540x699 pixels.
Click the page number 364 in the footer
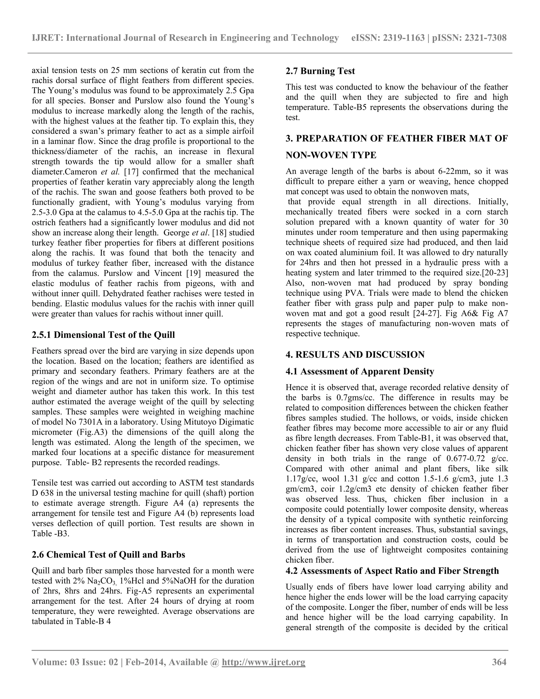coord(499,662)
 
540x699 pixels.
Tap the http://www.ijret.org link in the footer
coord(264,662)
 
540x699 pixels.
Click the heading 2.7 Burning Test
coord(320,71)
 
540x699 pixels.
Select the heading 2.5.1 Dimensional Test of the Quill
coord(103,335)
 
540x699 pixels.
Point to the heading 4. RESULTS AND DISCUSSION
coord(355,355)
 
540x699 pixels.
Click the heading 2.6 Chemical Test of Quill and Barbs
coord(108,555)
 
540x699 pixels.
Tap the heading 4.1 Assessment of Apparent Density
coord(360,371)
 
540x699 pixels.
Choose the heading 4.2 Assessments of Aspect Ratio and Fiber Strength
coord(392,571)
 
